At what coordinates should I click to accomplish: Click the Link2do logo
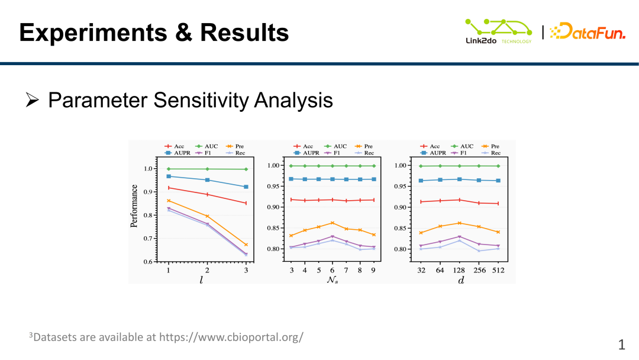498,31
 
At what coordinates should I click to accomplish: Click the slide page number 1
621,344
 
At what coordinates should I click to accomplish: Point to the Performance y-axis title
134,206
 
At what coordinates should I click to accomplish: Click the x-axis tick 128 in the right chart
459,270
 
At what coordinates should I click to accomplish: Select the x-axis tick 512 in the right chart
498,270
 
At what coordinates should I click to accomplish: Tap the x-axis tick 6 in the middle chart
333,270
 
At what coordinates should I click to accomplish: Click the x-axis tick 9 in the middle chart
373,270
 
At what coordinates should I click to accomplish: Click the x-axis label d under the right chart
460,279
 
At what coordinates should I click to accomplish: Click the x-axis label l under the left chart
201,279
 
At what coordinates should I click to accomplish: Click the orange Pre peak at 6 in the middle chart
333,223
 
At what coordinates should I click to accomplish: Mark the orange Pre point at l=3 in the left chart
246,245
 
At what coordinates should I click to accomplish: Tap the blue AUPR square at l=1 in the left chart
169,176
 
